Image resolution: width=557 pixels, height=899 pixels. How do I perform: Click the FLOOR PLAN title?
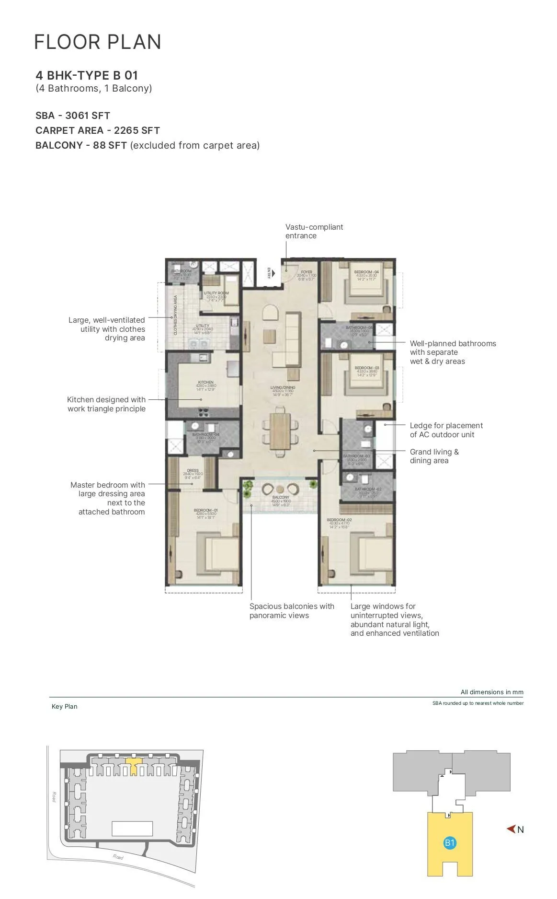(x=98, y=42)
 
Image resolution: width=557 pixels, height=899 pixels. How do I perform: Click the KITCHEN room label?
(x=206, y=383)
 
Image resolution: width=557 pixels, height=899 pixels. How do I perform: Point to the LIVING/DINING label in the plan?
(x=283, y=387)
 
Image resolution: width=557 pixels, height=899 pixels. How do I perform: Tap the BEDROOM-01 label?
(x=205, y=510)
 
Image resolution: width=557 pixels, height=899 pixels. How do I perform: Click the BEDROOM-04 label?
(x=366, y=272)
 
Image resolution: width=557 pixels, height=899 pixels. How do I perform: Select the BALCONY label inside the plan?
(x=281, y=498)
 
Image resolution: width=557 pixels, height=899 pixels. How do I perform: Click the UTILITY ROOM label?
(x=216, y=293)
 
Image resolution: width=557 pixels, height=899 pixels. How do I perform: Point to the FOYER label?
(x=307, y=272)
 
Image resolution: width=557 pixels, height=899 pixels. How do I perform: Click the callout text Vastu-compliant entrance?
(x=314, y=231)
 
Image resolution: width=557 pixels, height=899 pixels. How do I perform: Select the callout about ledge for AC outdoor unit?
(x=446, y=430)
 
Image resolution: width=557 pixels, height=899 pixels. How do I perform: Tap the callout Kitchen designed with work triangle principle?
(x=106, y=404)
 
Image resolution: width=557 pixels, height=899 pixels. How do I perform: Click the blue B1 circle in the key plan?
(x=449, y=843)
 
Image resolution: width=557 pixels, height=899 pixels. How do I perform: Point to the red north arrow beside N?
(x=511, y=829)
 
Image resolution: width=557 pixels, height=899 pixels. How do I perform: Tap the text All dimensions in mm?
(x=492, y=692)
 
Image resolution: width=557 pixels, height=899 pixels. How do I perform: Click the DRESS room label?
(x=193, y=471)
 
